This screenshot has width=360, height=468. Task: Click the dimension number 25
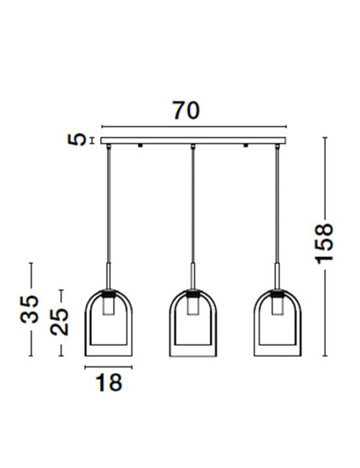[x=60, y=323]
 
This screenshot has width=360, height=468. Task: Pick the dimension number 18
[x=109, y=382]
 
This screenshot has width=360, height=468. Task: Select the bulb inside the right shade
[x=277, y=306]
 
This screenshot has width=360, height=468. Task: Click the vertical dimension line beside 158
[x=325, y=180]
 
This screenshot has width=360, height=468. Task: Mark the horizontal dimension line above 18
[x=109, y=367]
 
